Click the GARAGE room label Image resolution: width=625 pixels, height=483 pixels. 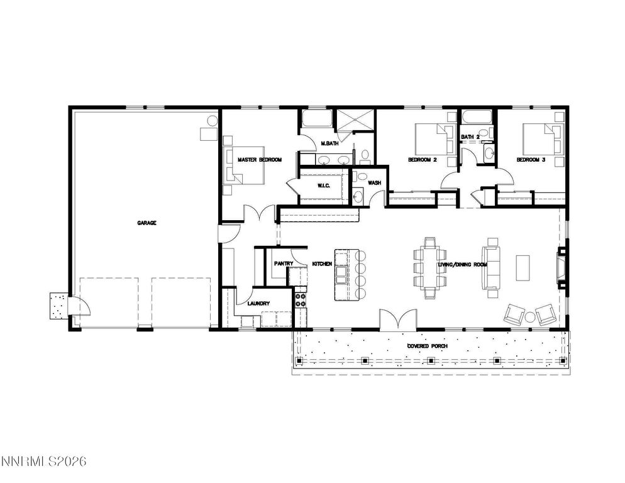pyautogui.click(x=147, y=223)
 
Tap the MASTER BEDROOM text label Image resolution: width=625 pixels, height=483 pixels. pyautogui.click(x=259, y=160)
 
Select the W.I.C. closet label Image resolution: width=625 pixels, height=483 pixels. pyautogui.click(x=324, y=186)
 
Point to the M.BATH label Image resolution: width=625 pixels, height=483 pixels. pyautogui.click(x=329, y=144)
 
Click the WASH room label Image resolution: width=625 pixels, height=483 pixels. pyautogui.click(x=375, y=183)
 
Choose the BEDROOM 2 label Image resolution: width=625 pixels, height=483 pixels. pyautogui.click(x=423, y=160)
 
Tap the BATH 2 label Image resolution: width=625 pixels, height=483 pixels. pyautogui.click(x=470, y=136)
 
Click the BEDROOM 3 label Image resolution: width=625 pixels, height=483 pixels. pyautogui.click(x=531, y=160)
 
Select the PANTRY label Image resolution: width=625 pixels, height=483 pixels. pyautogui.click(x=284, y=264)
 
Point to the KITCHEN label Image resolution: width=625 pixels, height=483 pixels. pyautogui.click(x=322, y=264)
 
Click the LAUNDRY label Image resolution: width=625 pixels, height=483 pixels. pyautogui.click(x=258, y=304)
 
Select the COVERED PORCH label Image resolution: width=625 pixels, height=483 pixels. pyautogui.click(x=427, y=347)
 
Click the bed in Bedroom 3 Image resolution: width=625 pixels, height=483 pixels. pyautogui.click(x=541, y=138)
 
